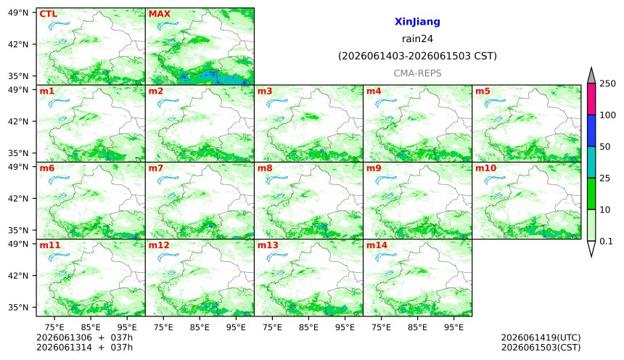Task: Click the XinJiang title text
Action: (x=417, y=22)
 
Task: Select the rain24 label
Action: (x=417, y=39)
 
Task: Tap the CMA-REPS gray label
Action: (x=417, y=73)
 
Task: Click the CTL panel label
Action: (x=48, y=14)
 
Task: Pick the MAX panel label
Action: (x=159, y=14)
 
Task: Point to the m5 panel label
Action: (x=483, y=91)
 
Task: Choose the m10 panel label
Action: (x=485, y=168)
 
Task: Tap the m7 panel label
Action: (x=155, y=168)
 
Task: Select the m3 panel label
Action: (x=265, y=91)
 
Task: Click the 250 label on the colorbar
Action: (x=608, y=83)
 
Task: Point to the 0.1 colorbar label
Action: (x=606, y=241)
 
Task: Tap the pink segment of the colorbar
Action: (x=591, y=99)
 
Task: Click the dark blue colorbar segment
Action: (x=591, y=131)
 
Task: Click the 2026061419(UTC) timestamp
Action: (x=541, y=337)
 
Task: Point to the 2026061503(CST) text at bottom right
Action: (x=541, y=347)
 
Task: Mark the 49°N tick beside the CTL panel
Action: (x=18, y=13)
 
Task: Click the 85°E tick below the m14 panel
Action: (x=417, y=327)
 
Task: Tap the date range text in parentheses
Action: (x=417, y=56)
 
